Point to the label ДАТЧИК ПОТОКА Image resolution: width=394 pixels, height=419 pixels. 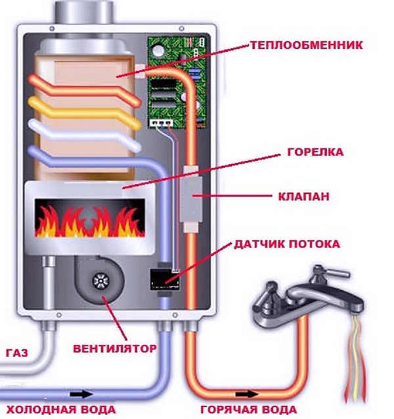click(287, 244)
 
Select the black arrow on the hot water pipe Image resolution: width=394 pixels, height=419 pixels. click(248, 393)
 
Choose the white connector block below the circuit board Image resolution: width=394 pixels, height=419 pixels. click(161, 122)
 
